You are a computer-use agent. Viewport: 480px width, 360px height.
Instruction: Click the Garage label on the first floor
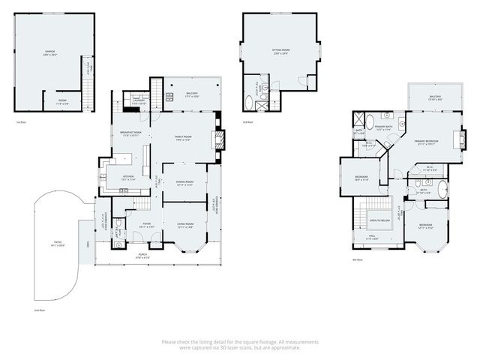pyautogui.click(x=49, y=52)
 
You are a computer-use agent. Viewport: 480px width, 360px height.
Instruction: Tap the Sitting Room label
pyautogui.click(x=281, y=51)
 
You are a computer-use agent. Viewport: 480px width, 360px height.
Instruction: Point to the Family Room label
pyautogui.click(x=183, y=137)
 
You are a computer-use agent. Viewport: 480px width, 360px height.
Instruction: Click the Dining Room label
pyautogui.click(x=185, y=183)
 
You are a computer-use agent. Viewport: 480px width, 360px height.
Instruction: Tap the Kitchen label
pyautogui.click(x=128, y=178)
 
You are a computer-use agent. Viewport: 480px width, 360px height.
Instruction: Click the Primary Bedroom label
pyautogui.click(x=427, y=142)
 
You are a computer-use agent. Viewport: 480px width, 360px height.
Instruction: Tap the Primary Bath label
pyautogui.click(x=386, y=128)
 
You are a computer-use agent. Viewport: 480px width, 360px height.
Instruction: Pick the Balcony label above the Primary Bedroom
pyautogui.click(x=435, y=97)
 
